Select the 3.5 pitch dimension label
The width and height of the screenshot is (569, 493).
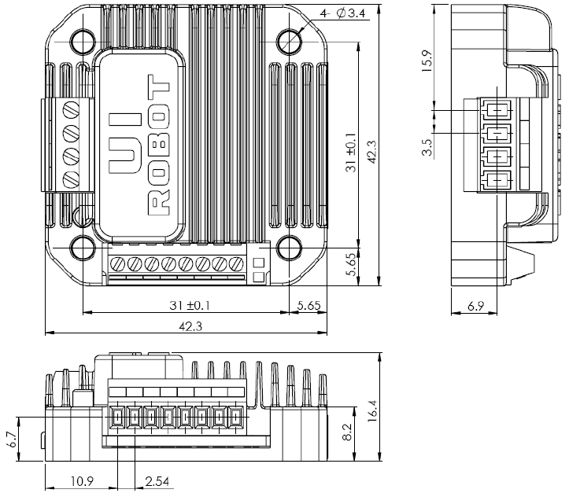click(427, 148)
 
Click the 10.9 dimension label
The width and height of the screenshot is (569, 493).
click(80, 479)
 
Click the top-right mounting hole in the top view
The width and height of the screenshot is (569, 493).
click(289, 41)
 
